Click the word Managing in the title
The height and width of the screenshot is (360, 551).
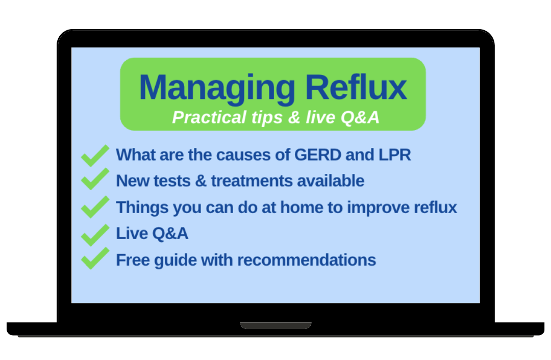(217, 89)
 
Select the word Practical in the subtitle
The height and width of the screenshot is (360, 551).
(209, 117)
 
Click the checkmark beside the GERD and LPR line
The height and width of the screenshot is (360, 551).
(95, 155)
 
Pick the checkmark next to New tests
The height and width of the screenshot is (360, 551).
(95, 179)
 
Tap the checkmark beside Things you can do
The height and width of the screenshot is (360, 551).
(95, 207)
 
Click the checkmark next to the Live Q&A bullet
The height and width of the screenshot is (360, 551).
(95, 235)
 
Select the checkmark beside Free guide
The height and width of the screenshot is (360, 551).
(95, 258)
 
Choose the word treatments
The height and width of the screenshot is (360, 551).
(252, 181)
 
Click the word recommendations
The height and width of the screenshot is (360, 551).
(307, 260)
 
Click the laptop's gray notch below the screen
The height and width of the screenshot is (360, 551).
(275, 325)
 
